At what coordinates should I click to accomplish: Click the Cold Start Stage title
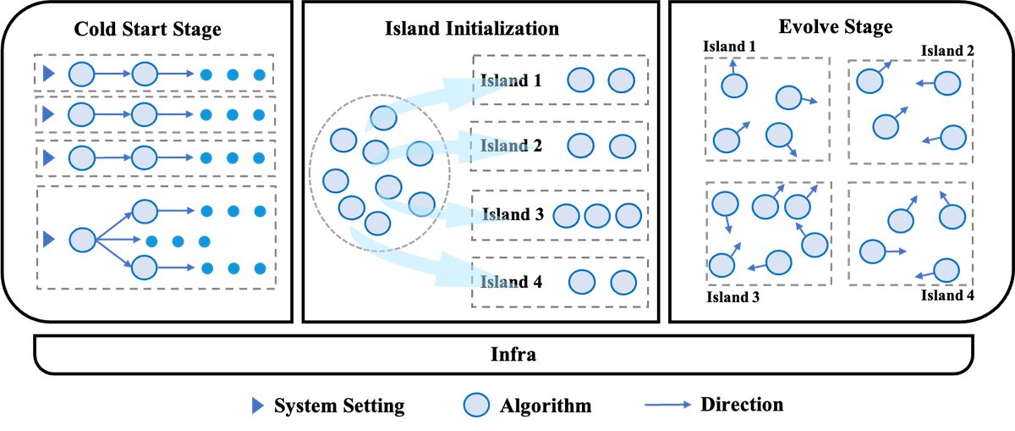coord(148,30)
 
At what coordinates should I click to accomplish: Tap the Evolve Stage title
coord(842,27)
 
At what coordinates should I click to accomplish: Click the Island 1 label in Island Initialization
coord(512,81)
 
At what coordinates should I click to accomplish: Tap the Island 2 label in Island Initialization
coord(512,146)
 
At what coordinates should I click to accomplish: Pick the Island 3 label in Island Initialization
coord(513,214)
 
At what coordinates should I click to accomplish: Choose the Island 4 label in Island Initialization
coord(512,282)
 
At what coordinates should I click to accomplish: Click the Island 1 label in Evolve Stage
coord(729,45)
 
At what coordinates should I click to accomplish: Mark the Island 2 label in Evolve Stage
coord(947,51)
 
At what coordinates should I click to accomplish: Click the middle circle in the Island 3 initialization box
coord(597,215)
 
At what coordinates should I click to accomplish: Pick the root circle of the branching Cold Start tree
coord(82,240)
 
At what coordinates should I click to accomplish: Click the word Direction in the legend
coord(742,405)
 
